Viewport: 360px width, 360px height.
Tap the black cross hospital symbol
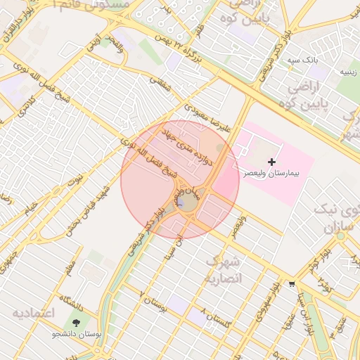pyautogui.click(x=272, y=162)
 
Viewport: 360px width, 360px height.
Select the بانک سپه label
pyautogui.click(x=303, y=60)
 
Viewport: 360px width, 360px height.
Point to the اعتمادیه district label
pyautogui.click(x=34, y=311)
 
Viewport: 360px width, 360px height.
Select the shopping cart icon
pyautogui.click(x=292, y=284)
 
